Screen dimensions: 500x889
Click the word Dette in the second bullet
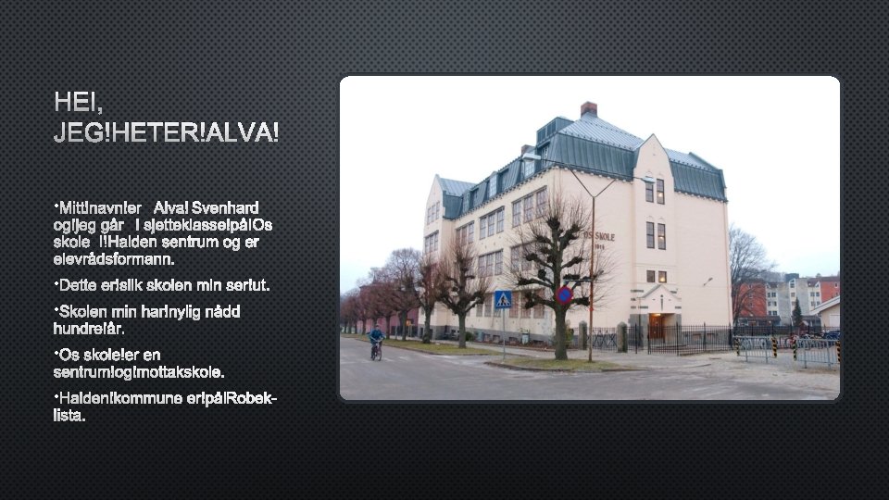tap(79, 283)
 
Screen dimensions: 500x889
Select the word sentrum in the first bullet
tap(194, 243)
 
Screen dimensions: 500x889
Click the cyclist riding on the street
tap(376, 342)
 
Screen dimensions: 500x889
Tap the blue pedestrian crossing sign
tap(503, 299)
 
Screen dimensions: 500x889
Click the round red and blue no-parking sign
tap(564, 295)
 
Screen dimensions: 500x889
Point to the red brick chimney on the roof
tap(588, 108)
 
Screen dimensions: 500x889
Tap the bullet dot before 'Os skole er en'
tap(56, 353)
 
